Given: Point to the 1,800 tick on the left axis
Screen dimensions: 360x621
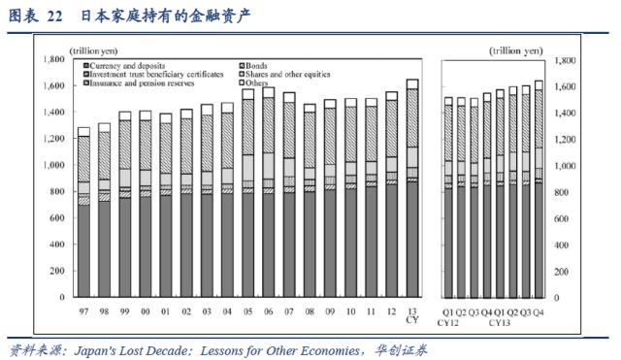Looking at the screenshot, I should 49,59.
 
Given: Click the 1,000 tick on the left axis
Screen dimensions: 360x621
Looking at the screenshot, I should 49,165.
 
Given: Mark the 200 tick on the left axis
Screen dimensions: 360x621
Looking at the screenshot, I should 54,271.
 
